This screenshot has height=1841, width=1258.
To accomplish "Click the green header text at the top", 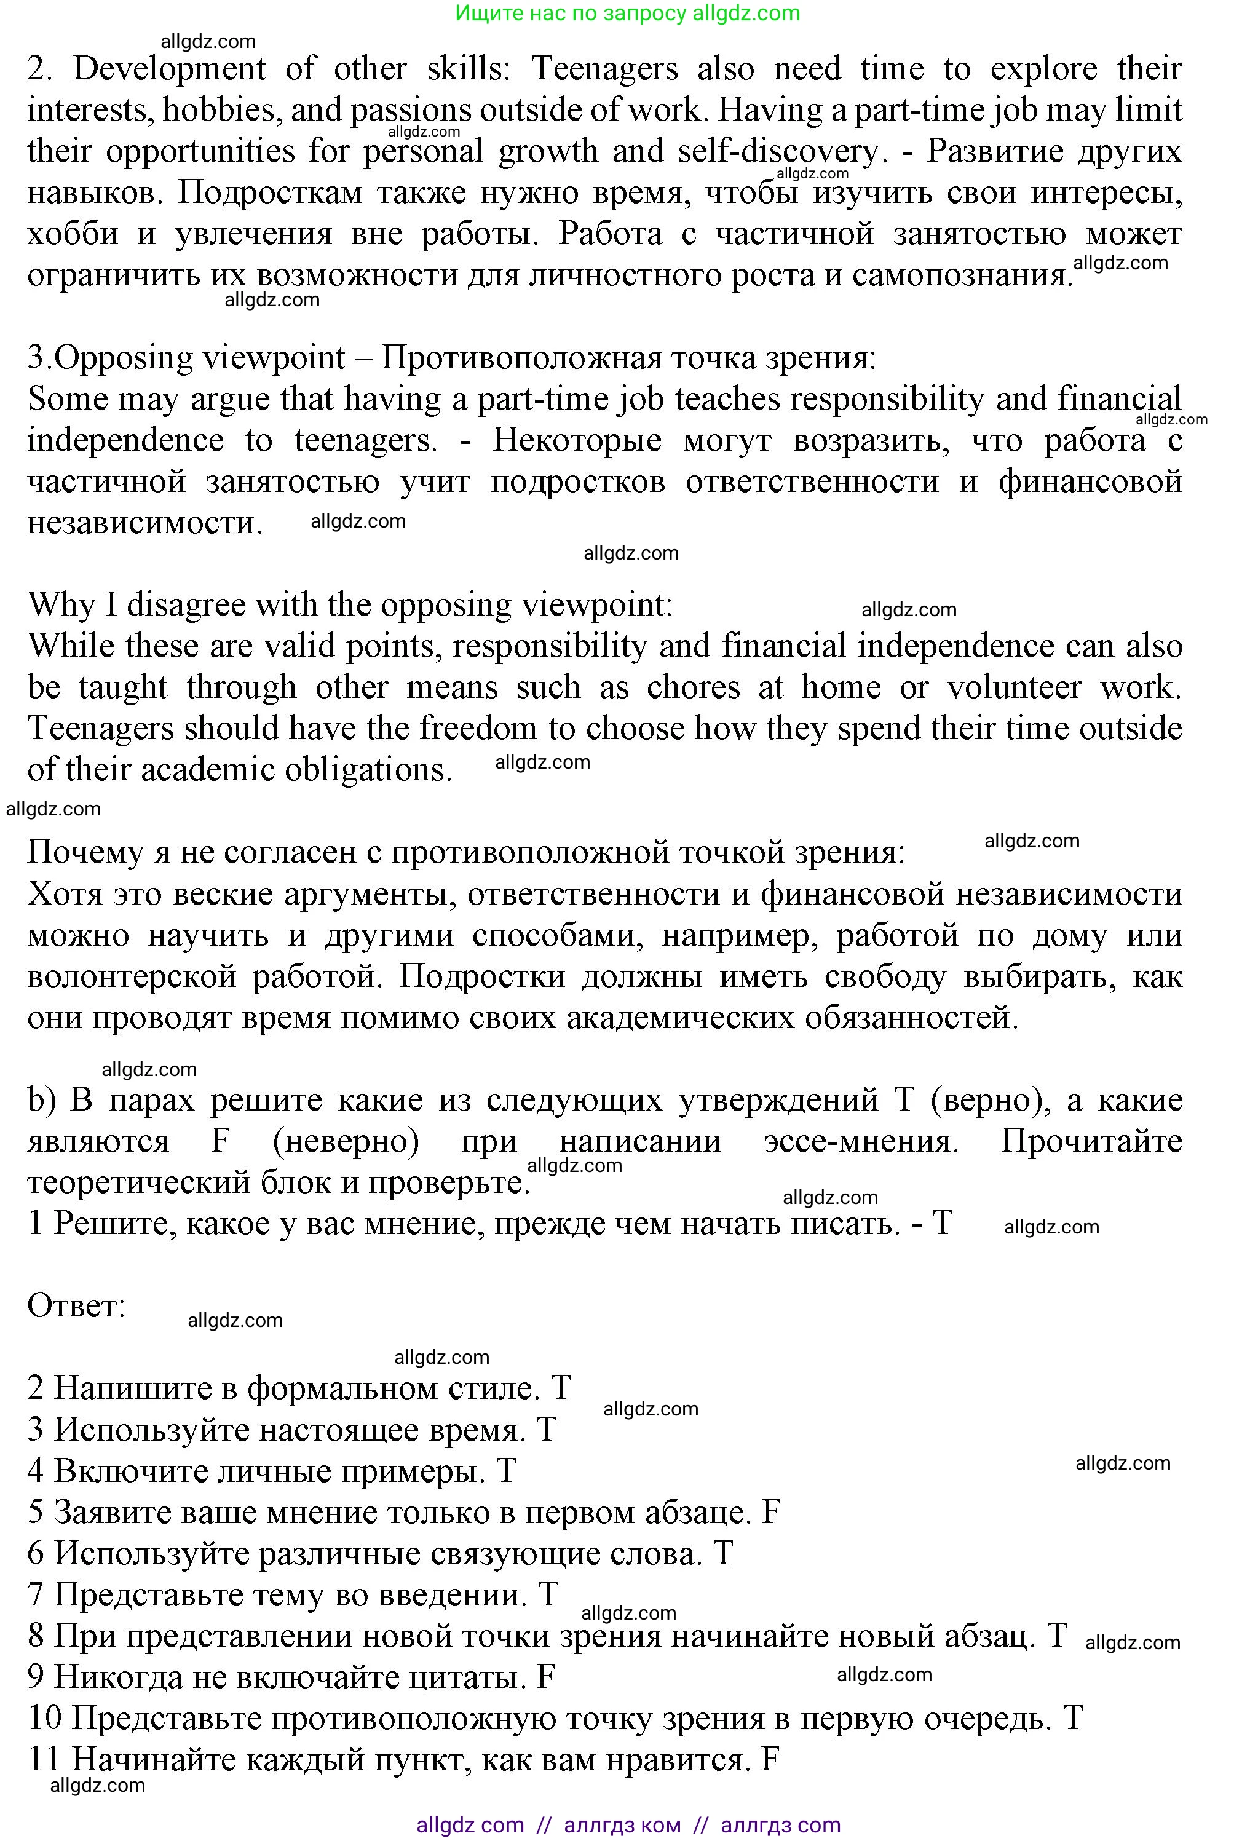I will [628, 13].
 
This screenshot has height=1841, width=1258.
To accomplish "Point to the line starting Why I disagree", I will [350, 604].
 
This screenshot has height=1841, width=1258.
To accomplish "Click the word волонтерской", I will [132, 976].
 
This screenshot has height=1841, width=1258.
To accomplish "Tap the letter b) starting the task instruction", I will [41, 1099].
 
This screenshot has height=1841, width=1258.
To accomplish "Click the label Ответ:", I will [77, 1305].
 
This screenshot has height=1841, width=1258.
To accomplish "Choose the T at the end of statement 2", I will [560, 1388].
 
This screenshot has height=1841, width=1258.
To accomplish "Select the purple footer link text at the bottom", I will [628, 1825].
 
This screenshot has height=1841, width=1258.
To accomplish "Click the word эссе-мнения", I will [860, 1141].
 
